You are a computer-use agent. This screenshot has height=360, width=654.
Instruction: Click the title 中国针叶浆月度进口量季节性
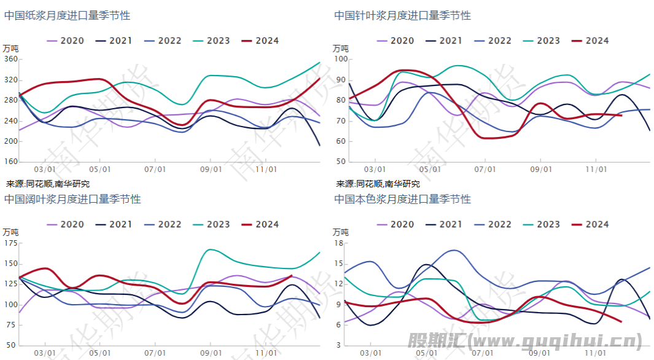click(x=403, y=15)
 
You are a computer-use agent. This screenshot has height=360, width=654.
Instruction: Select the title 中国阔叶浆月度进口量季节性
click(x=72, y=199)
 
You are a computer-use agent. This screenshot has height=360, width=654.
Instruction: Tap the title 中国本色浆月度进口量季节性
click(x=403, y=199)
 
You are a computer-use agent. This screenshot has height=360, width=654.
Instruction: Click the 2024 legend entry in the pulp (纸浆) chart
click(x=260, y=41)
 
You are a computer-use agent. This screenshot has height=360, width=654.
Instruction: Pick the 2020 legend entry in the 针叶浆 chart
click(x=395, y=41)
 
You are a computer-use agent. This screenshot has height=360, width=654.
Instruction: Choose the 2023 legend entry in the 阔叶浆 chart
click(x=212, y=224)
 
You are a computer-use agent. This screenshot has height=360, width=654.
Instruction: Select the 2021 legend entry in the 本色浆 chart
click(x=444, y=224)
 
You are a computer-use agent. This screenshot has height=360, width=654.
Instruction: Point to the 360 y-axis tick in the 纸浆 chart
click(x=10, y=60)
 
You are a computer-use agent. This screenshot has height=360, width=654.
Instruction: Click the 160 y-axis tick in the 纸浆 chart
click(x=10, y=162)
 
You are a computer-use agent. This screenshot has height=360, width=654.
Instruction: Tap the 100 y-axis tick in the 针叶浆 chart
click(x=341, y=60)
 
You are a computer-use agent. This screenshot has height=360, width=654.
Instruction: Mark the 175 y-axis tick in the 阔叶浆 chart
click(x=10, y=243)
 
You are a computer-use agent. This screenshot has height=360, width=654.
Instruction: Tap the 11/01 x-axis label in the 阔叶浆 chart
click(x=266, y=353)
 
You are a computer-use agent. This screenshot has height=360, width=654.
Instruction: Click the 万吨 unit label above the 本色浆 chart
click(x=341, y=232)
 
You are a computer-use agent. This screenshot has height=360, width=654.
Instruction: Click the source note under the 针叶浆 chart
click(x=378, y=184)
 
